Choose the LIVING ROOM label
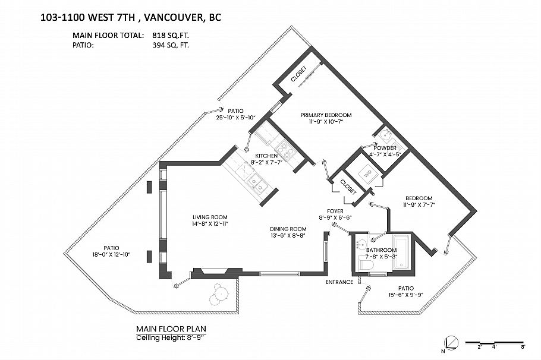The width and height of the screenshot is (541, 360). tap(210, 217)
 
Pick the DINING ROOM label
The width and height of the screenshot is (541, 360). tap(288, 229)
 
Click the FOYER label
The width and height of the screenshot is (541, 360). tap(335, 211)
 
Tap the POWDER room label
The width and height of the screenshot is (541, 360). tap(385, 148)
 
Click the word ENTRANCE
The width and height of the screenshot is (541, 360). tap(339, 282)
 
